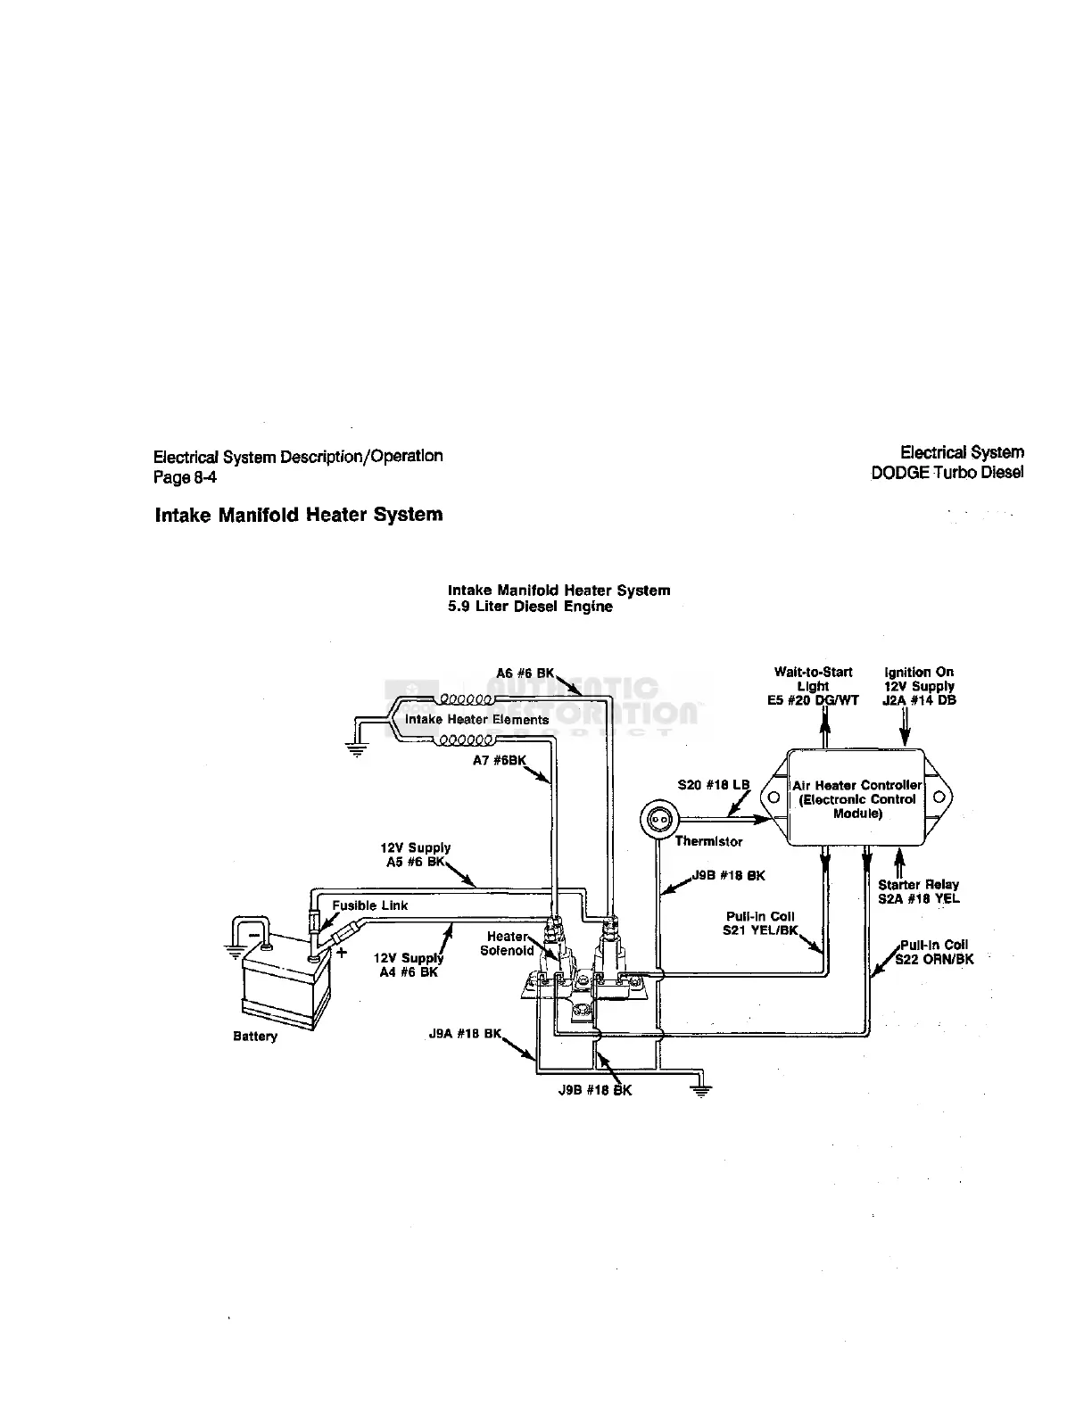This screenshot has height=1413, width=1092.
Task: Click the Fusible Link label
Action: pos(369,905)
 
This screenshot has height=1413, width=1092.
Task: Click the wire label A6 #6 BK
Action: pos(525,673)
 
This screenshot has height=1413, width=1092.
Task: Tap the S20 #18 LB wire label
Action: pos(714,785)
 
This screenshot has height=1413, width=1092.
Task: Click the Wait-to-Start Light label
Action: pos(812,686)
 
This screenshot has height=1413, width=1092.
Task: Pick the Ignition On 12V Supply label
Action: pos(919,686)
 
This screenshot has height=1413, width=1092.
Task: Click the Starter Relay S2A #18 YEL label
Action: pos(919,892)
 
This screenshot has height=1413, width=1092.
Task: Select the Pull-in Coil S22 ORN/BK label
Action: pos(934,952)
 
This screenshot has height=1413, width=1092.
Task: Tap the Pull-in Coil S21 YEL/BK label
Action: pos(758,923)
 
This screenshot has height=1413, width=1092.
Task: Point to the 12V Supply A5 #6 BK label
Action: pos(415,855)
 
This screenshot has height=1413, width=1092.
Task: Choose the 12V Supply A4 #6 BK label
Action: pos(408,965)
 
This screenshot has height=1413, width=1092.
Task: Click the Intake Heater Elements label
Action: pos(476,719)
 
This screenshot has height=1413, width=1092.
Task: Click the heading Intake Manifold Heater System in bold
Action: pos(298,515)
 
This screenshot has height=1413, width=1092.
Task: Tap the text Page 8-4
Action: pos(185,477)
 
